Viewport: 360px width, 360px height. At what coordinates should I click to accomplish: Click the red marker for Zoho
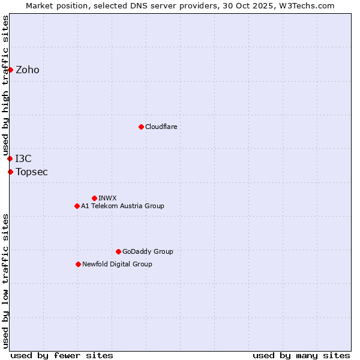(10, 70)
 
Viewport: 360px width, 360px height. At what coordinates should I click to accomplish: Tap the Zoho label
(28, 70)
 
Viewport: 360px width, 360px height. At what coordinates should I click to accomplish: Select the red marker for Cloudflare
(141, 127)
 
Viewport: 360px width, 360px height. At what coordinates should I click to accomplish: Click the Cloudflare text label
(161, 127)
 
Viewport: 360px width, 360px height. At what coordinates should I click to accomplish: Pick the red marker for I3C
(10, 158)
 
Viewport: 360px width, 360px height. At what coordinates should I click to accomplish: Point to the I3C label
(23, 159)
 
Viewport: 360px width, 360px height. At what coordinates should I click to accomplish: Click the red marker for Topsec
(10, 172)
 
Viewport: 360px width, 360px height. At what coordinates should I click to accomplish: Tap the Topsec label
(32, 172)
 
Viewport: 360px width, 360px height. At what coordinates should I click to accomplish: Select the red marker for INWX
(94, 198)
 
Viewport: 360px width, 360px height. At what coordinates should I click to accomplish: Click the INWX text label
(107, 199)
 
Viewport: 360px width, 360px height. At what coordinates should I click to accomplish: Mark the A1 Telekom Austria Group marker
(77, 206)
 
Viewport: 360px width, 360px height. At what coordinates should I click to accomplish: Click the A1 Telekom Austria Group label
(122, 206)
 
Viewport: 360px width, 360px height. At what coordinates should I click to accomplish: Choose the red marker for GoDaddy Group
(118, 251)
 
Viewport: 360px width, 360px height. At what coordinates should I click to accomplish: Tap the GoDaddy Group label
(148, 252)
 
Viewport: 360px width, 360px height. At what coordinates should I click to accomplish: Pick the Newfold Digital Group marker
(78, 264)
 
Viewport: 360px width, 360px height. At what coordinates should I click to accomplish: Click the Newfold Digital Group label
(117, 265)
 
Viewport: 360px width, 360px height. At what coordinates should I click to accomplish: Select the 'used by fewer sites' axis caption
(62, 355)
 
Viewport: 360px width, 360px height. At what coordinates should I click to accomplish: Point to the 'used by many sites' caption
(301, 355)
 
